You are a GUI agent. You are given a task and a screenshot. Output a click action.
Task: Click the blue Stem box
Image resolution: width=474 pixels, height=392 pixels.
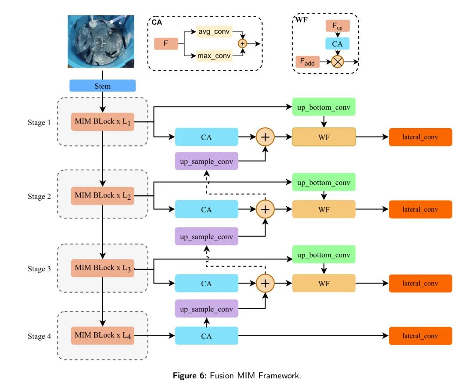pos(102,86)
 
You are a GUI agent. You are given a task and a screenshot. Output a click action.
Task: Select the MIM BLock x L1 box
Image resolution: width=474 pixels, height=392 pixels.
pos(103,122)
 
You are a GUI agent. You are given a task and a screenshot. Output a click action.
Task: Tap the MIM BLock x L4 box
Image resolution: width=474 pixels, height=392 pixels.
pos(103,335)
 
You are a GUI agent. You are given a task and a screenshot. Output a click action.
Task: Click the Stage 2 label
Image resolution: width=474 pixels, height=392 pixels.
pos(39,196)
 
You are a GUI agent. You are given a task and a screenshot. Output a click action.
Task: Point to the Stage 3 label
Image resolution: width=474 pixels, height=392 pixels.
pos(39,269)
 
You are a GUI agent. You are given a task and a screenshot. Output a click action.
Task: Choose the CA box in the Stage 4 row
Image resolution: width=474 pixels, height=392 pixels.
pos(206,336)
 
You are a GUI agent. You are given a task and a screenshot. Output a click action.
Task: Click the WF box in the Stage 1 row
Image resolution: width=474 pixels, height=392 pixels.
pos(324,137)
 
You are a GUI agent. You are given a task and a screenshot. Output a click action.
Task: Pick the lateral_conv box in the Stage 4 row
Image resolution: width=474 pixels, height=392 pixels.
pos(420,336)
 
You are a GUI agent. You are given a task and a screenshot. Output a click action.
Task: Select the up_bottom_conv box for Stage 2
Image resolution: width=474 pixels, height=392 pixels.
pos(324,182)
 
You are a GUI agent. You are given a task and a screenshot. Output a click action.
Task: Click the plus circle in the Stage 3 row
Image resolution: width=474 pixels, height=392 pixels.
pos(265,283)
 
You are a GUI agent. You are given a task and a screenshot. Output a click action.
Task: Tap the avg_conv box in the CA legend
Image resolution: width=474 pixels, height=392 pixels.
pos(214,32)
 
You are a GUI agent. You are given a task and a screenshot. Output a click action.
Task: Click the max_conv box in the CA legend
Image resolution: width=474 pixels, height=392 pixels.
pos(214,56)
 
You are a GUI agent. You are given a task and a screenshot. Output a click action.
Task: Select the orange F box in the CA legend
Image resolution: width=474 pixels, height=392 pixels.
pos(166,43)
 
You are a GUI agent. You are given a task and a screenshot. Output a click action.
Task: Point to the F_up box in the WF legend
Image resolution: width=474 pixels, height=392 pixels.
pos(338,25)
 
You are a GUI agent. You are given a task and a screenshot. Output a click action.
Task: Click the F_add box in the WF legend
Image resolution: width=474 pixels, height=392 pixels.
pos(307,62)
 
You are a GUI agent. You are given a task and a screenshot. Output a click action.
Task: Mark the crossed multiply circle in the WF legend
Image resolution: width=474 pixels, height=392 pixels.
pos(338,62)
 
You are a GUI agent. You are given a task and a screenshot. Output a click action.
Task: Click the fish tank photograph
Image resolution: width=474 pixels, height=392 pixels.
pos(101,41)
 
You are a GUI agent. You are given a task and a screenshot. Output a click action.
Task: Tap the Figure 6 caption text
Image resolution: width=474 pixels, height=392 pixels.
pos(237,376)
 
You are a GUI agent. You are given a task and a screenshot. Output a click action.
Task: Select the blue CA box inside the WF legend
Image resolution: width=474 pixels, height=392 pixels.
pos(338,43)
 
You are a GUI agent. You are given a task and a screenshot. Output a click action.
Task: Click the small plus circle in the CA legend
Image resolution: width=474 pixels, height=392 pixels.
pos(242,43)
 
